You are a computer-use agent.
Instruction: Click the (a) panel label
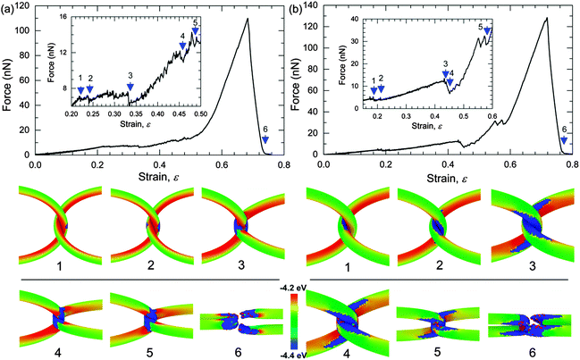(x=9, y=8)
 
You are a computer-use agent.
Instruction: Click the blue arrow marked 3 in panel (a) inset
(x=130, y=87)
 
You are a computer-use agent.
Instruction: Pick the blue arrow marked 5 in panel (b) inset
(x=487, y=32)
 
